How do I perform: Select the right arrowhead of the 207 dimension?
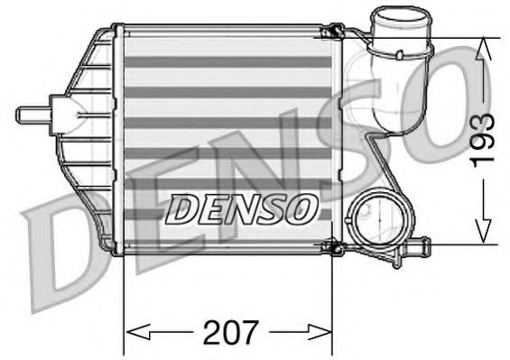pyautogui.click(x=327, y=330)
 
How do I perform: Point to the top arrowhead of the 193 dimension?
pyautogui.click(x=486, y=45)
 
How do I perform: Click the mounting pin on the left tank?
pyautogui.click(x=32, y=116)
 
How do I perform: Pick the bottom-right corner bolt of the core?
pyautogui.click(x=334, y=246)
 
